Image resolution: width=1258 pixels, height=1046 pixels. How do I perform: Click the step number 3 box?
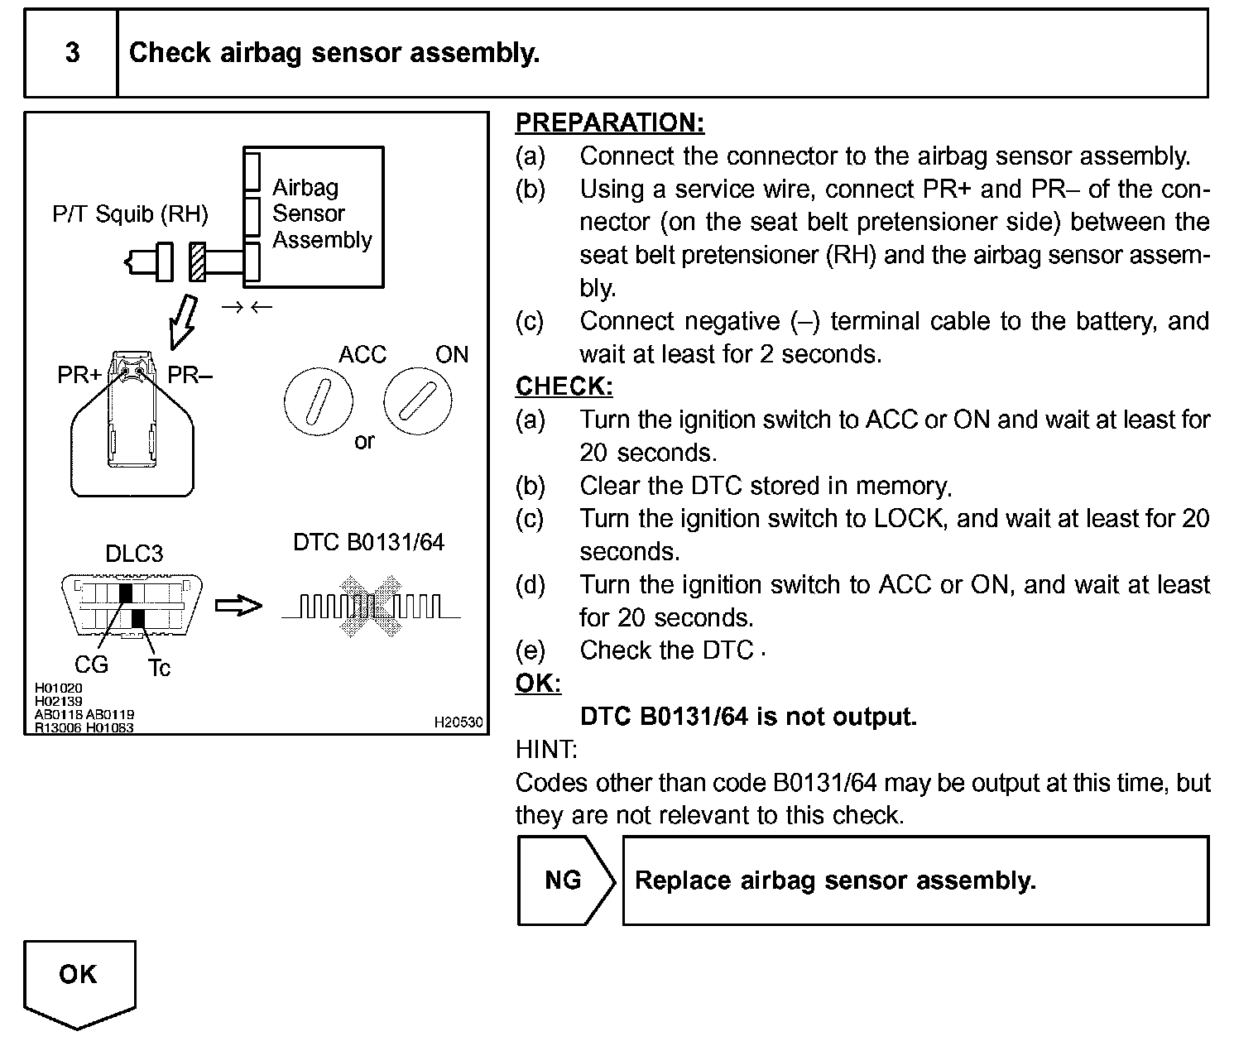coord(72,53)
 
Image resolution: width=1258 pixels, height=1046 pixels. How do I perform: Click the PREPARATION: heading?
coord(609,122)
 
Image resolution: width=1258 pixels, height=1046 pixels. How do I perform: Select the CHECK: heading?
coord(564,386)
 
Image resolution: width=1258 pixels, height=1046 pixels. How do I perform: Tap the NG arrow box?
coord(564,880)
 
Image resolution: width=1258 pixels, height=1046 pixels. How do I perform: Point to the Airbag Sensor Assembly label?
coord(322,214)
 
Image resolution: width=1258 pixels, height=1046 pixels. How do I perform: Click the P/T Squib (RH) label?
coord(130,214)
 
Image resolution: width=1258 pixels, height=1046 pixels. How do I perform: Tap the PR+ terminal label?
coord(79,375)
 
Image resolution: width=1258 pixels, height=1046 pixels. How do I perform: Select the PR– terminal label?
coord(190,375)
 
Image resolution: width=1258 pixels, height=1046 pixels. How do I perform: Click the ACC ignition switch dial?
coord(318,401)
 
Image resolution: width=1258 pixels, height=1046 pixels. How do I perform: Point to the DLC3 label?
coord(134,553)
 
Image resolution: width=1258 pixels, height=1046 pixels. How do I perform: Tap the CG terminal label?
coord(91,665)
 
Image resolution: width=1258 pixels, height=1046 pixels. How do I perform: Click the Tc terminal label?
coord(159,667)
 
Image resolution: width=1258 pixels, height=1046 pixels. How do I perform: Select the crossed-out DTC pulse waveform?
coord(370,607)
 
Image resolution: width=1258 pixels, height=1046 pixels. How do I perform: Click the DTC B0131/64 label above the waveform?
coord(368,542)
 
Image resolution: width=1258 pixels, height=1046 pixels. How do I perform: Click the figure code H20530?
coord(458,722)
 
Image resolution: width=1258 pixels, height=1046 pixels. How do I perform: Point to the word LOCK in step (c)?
coord(908,519)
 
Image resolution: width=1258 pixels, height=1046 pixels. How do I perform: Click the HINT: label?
coord(546,750)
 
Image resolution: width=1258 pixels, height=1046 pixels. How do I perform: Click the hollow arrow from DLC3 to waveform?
coord(238,606)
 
